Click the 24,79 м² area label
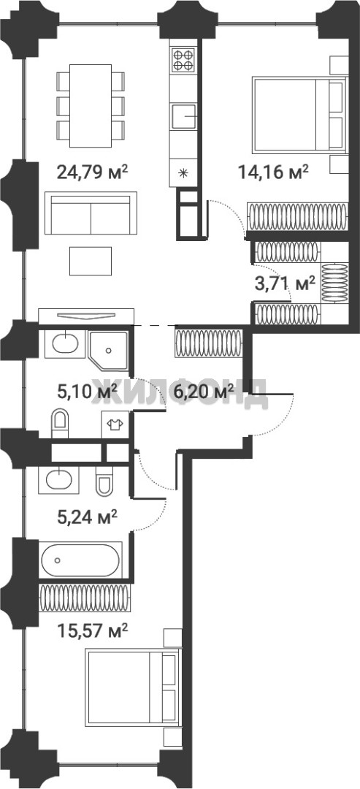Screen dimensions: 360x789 tap(93, 172)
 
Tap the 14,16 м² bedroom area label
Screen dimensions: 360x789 tap(273, 172)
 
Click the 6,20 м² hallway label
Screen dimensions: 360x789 tap(203, 390)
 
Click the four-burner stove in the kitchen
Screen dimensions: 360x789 tap(183, 59)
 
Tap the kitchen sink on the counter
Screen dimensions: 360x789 tap(183, 117)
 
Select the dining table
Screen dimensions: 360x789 tap(91, 106)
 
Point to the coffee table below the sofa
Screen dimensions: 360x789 tap(91, 261)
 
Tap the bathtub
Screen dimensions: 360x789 tap(80, 560)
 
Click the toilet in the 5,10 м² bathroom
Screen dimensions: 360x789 tap(59, 424)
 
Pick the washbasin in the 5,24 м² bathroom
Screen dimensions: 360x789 tap(59, 479)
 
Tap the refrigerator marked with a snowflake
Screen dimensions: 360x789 tap(183, 174)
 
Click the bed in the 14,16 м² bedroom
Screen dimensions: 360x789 tap(299, 114)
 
